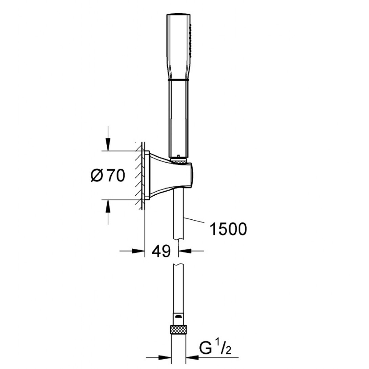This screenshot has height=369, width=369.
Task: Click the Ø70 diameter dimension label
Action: [108, 176]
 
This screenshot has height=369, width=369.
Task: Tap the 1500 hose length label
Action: [228, 229]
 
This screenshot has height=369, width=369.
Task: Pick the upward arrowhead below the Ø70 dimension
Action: [108, 206]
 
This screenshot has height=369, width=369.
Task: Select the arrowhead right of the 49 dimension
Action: [185, 251]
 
